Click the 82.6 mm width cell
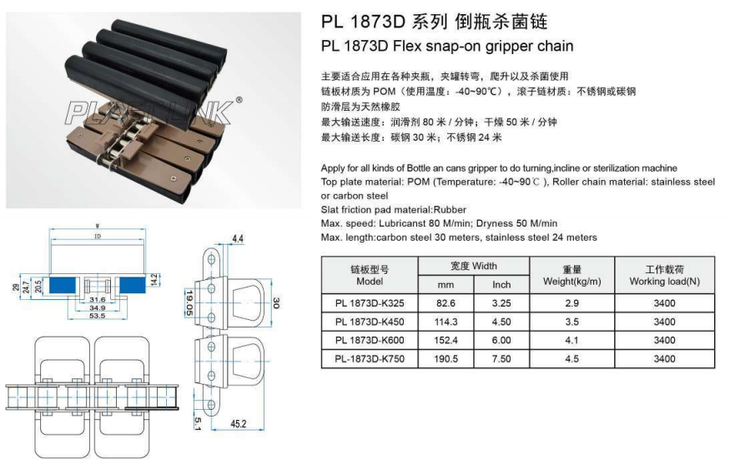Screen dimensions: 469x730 [x=449, y=303]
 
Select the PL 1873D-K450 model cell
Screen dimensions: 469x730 [x=370, y=322]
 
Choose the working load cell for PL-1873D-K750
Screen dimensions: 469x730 [x=664, y=360]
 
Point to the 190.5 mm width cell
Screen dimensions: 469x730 [x=449, y=360]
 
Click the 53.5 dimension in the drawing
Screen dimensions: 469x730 [x=98, y=317]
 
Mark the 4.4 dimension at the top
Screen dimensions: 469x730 [x=237, y=239]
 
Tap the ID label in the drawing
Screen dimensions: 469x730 [x=97, y=237]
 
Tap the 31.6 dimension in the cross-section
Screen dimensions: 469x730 [x=97, y=299]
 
